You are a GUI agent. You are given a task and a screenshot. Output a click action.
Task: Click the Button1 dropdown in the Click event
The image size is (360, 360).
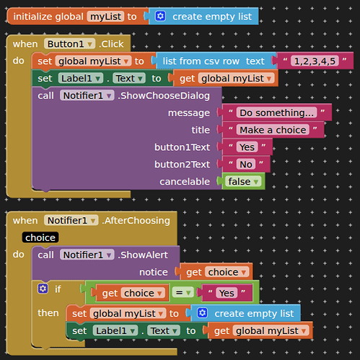[69, 44]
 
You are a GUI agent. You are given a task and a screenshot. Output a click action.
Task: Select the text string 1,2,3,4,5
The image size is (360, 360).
[315, 61]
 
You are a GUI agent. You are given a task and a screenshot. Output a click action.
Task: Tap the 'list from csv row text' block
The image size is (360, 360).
[214, 61]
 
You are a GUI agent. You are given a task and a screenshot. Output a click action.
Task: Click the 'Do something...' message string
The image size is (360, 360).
[276, 113]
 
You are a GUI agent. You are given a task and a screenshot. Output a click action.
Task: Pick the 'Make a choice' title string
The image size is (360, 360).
[273, 130]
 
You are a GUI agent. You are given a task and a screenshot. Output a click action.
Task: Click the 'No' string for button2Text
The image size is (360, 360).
[246, 164]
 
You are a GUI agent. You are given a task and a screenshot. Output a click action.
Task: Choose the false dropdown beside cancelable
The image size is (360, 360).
[243, 182]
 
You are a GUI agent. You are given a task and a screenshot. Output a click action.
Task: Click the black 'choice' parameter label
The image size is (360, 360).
[40, 237]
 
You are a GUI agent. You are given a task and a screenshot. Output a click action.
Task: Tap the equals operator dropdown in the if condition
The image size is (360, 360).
[183, 293]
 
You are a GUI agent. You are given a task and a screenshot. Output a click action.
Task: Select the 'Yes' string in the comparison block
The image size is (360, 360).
[227, 293]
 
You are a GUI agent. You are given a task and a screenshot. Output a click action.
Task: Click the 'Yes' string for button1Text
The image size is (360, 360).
[247, 147]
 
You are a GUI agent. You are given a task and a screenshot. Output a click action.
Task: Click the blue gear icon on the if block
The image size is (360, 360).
[43, 289]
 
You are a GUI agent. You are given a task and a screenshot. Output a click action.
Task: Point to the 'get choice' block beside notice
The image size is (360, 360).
[215, 272]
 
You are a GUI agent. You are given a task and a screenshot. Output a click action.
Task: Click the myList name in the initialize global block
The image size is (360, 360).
[105, 17]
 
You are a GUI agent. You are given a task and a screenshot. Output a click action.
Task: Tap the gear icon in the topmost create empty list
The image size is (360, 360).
[160, 17]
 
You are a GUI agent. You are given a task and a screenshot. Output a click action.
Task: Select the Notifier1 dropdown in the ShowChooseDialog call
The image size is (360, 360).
[87, 96]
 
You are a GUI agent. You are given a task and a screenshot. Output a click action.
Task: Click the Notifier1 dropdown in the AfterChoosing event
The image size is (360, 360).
[71, 220]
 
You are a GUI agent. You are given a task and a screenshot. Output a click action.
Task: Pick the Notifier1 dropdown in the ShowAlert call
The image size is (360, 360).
[87, 255]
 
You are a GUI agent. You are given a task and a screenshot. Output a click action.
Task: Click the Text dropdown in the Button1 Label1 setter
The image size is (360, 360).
[129, 79]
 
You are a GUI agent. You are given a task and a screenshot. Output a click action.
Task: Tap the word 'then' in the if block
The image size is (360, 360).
[48, 313]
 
